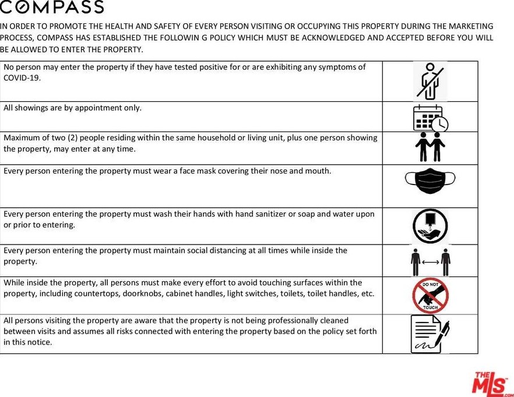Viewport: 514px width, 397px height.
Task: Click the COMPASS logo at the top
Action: [52, 8]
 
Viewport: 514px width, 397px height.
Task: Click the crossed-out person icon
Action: [429, 81]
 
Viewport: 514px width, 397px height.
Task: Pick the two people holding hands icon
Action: [431, 147]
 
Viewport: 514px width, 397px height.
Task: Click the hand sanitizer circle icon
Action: [430, 226]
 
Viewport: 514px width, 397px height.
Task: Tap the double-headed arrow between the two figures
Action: [431, 261]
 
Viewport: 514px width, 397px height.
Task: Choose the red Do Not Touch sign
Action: [430, 295]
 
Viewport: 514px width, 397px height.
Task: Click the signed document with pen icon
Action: [430, 334]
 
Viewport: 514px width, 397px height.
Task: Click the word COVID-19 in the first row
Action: [22, 77]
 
